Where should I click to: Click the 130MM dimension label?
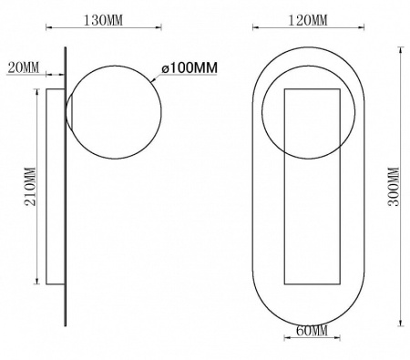click(103, 21)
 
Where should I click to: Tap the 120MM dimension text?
click(308, 21)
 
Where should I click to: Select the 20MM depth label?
click(24, 67)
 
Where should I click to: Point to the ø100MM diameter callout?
click(190, 68)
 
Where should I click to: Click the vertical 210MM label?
click(30, 187)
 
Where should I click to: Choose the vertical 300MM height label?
click(394, 187)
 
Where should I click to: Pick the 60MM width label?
click(312, 331)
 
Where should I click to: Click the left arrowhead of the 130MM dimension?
click(48, 28)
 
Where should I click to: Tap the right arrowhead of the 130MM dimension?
click(159, 28)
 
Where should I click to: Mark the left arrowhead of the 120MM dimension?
click(255, 28)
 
